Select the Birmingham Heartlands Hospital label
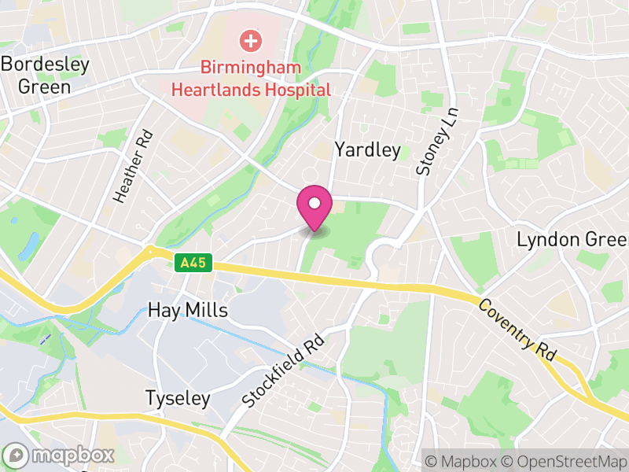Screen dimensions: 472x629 point(251,79)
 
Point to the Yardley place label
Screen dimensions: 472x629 point(367,149)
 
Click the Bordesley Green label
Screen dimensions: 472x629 point(45,76)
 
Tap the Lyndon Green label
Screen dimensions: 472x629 point(572,239)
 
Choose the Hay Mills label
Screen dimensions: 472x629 point(188,311)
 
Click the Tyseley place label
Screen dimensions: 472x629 point(178,399)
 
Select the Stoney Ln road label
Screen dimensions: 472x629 point(437,141)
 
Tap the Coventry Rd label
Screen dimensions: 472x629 point(517,330)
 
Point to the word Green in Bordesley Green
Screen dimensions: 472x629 point(44,87)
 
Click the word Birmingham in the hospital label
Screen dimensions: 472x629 point(251,68)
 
